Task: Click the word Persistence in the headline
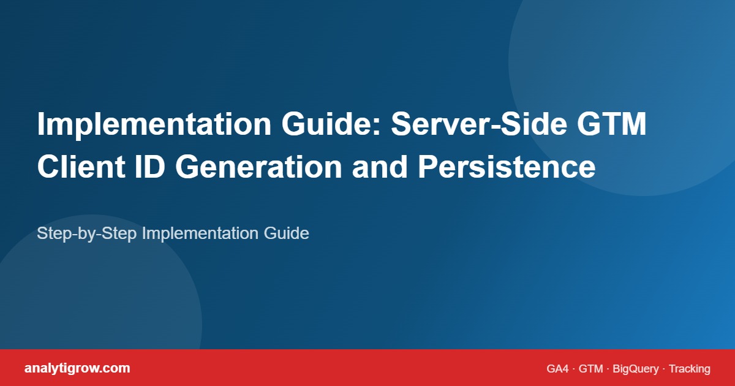507,167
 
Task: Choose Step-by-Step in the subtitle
88,233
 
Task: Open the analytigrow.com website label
77,368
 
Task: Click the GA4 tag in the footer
558,369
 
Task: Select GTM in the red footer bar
591,369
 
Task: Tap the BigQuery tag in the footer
636,369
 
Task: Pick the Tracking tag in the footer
690,369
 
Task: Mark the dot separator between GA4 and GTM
575,369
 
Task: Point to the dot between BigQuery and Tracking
664,369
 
